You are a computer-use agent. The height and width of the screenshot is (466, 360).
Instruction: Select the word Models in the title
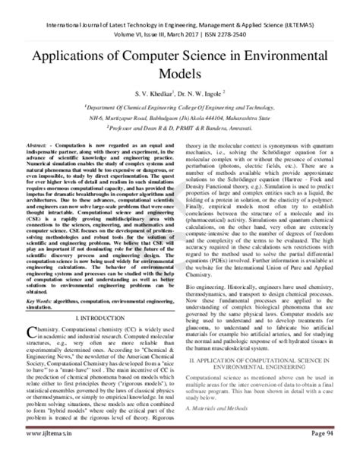click(179, 78)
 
